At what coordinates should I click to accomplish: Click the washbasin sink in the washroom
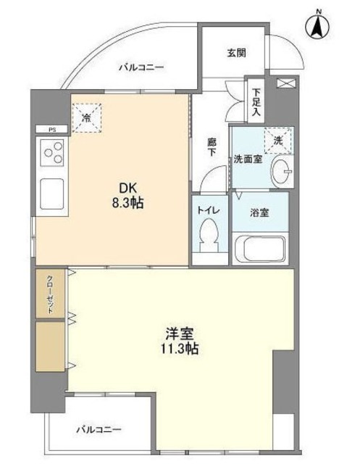click(282, 171)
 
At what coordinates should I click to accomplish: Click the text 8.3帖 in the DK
click(127, 204)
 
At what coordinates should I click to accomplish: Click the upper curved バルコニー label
click(141, 67)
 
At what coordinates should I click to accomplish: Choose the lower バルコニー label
click(99, 429)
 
